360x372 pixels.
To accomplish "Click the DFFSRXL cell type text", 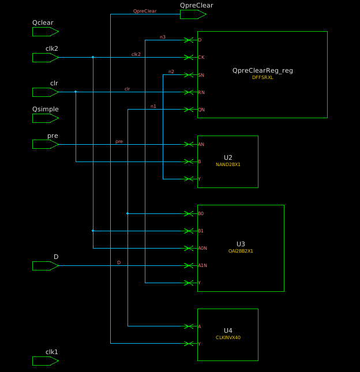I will pos(262,77).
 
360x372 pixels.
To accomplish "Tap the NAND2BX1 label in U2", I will pos(228,164).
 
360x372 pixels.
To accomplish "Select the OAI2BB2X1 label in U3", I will pos(241,251).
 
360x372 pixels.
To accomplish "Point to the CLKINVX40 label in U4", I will pos(228,337).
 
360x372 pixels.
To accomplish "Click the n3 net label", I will pos(163,37).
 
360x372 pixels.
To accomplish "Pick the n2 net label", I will pos(171,72).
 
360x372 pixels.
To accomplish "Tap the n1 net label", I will pos(153,106).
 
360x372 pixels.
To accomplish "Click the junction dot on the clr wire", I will pos(76,92).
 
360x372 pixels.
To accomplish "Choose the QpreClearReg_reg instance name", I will pos(262,70).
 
